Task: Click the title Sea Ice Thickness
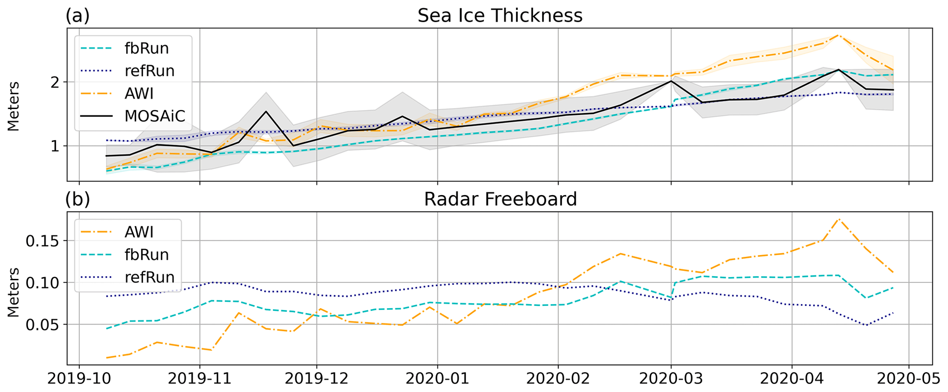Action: coord(499,16)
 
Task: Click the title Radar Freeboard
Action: coord(500,199)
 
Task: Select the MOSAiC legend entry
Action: coord(155,116)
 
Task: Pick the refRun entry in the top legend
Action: coord(149,71)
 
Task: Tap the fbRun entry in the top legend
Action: coord(146,48)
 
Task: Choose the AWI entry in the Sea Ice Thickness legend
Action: coord(139,93)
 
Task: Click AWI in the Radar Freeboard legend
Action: coord(139,232)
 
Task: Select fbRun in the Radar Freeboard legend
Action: coord(146,255)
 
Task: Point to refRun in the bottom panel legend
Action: coord(149,277)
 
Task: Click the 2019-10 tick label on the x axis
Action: coord(79,380)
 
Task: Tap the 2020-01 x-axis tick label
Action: coord(437,380)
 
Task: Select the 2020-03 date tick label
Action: coord(671,380)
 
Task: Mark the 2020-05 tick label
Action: coord(909,380)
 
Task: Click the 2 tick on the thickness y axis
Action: coord(55,82)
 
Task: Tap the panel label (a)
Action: coord(78,16)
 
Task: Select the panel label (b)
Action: coord(78,199)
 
